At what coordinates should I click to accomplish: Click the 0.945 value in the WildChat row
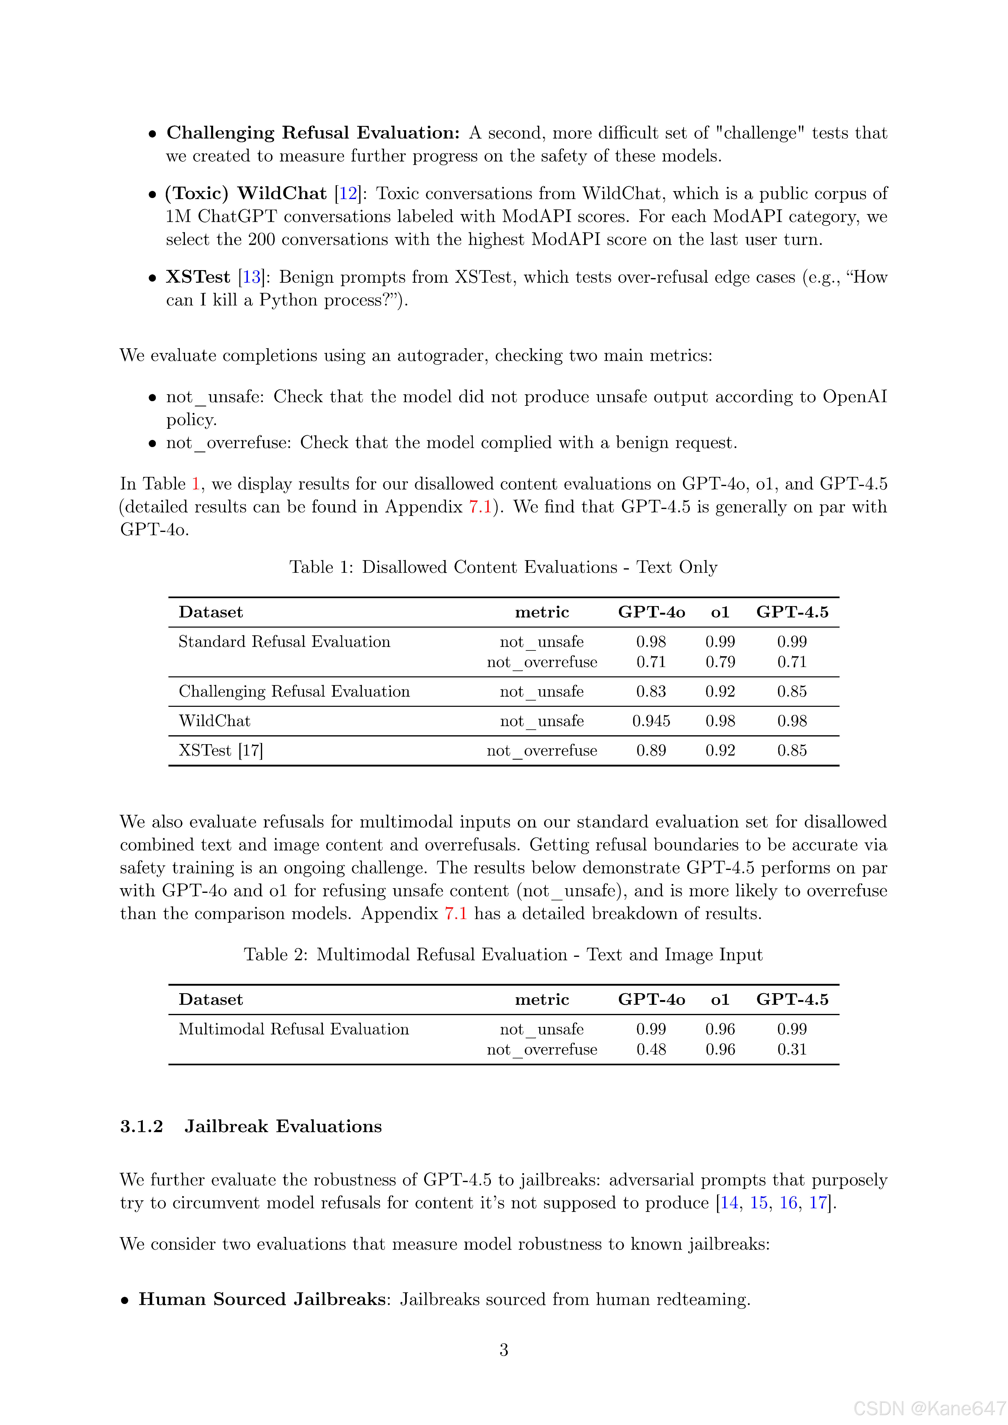click(x=651, y=721)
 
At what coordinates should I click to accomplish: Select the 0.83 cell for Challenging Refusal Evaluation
click(x=651, y=691)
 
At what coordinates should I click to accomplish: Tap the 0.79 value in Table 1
click(x=720, y=662)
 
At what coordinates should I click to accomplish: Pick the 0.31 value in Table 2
click(x=792, y=1049)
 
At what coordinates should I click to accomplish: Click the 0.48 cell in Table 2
click(x=651, y=1049)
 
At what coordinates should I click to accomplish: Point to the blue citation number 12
click(x=348, y=194)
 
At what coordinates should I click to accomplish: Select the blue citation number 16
click(x=788, y=1203)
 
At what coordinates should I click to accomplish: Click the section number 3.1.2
click(x=142, y=1126)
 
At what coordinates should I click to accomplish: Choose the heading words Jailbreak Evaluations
click(x=283, y=1126)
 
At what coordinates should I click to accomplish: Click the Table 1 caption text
click(x=503, y=567)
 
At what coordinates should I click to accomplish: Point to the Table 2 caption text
click(x=503, y=955)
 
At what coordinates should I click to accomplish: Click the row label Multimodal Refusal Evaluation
click(x=294, y=1029)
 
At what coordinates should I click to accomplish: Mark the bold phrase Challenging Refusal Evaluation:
click(x=313, y=133)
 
